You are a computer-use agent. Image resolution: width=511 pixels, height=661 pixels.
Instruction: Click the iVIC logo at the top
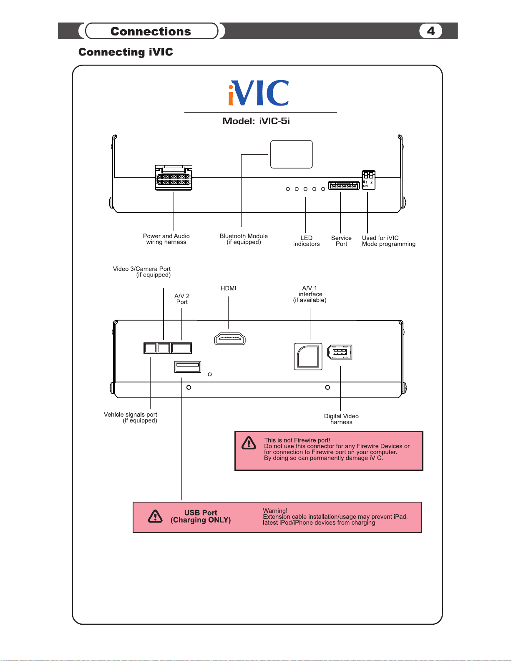pos(259,93)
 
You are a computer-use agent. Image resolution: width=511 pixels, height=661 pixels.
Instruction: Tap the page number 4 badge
pos(430,31)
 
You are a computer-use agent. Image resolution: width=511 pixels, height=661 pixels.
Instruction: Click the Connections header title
pos(151,31)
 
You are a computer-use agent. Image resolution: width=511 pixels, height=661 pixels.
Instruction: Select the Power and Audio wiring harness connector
pos(174,178)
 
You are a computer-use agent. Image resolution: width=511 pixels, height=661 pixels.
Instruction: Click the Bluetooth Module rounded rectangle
pos(292,154)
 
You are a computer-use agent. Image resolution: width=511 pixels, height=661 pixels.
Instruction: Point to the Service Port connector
pos(344,185)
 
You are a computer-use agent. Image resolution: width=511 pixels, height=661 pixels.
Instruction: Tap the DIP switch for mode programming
pos(368,180)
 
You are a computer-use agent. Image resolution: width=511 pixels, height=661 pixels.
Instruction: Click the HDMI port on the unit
pos(230,339)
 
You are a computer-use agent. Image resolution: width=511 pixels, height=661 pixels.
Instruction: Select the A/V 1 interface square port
pos(308,357)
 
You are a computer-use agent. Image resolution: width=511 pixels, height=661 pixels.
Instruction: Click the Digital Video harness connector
pos(340,352)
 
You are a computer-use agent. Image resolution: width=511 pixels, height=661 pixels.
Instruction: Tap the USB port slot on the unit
pos(188,367)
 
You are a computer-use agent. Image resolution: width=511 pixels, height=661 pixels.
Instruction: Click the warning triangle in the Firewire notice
pos(249,443)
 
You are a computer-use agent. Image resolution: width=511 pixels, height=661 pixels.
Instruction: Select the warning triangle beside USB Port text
pos(155,517)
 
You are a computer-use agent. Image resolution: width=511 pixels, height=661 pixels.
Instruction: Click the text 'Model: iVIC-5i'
pos(256,121)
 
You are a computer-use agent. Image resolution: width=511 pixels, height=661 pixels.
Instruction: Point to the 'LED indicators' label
pos(306,241)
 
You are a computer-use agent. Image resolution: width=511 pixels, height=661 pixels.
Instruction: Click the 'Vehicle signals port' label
pos(131,417)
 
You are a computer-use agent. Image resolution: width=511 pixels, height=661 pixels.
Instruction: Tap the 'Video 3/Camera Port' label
pos(142,271)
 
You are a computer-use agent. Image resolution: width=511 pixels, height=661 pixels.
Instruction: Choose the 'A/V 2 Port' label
pos(182,299)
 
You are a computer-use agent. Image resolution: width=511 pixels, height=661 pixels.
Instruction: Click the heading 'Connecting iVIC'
pos(126,52)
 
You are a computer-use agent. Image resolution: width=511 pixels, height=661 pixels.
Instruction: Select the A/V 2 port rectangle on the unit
pos(181,348)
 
